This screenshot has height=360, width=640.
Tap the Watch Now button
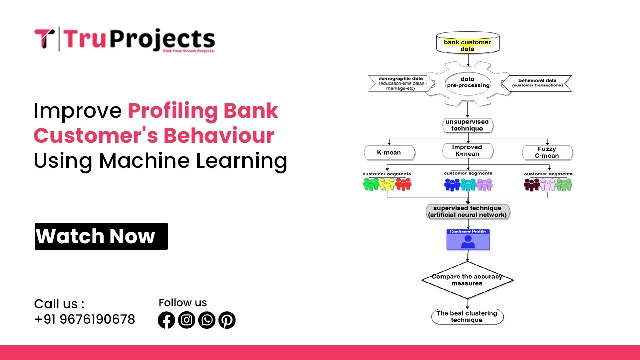[x=101, y=236]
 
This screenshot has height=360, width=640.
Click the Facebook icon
[x=166, y=320]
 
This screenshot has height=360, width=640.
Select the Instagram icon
[x=186, y=320]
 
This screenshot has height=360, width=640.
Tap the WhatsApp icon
[x=206, y=320]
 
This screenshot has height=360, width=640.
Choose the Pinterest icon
[x=227, y=320]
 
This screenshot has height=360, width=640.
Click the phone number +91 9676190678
[x=85, y=319]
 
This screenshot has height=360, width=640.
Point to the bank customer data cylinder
[x=467, y=44]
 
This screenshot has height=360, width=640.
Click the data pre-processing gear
[x=467, y=82]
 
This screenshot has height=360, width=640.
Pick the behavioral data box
[x=537, y=83]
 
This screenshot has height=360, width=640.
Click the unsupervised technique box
[x=467, y=125]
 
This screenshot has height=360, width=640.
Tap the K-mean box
[x=389, y=152]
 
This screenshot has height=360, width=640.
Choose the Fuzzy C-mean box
[x=547, y=152]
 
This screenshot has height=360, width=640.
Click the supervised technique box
[x=467, y=211]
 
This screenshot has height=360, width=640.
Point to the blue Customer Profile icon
[x=468, y=240]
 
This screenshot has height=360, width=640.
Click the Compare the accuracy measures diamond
[x=467, y=280]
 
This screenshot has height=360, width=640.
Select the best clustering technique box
[x=467, y=317]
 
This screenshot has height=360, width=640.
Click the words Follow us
[x=183, y=303]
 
